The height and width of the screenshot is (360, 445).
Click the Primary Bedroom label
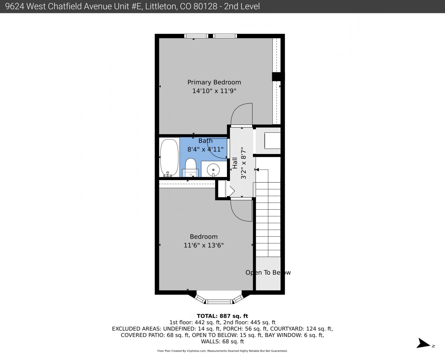tap(214, 82)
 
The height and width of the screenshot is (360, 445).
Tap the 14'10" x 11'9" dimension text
tap(214, 91)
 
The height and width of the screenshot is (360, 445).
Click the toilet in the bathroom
tap(190, 167)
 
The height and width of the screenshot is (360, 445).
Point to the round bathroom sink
tap(213, 170)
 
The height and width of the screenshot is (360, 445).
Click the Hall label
tap(235, 163)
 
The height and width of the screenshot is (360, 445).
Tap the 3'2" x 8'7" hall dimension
tap(243, 163)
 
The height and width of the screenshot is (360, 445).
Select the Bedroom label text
tap(204, 237)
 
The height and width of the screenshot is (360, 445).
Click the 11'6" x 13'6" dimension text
tap(204, 245)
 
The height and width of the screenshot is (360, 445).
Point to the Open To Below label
tap(268, 272)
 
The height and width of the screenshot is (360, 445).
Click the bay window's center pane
tap(219, 301)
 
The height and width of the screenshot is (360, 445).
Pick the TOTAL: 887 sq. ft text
tap(222, 316)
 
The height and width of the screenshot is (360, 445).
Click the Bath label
tap(205, 141)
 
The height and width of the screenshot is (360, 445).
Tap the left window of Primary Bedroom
tap(196, 36)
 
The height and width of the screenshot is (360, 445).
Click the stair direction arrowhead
tap(257, 170)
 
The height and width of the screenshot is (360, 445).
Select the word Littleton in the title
tap(160, 6)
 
